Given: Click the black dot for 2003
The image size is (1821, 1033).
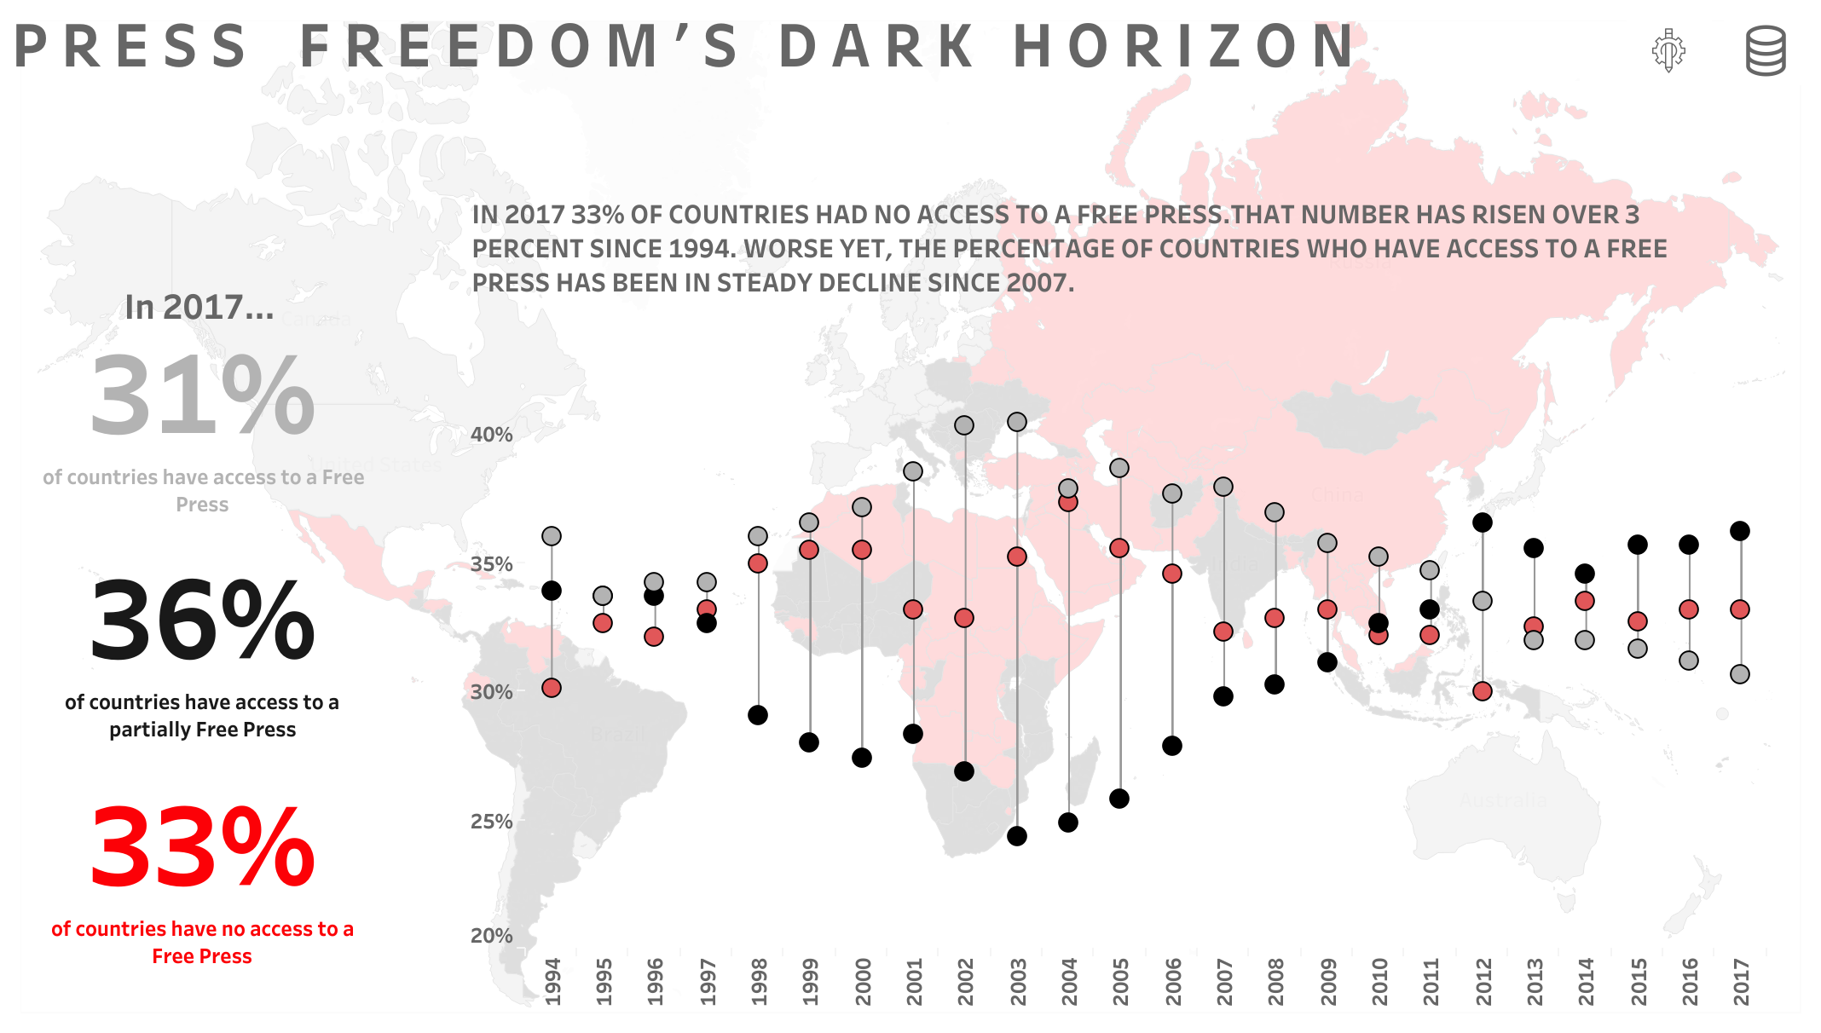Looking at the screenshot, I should [1016, 836].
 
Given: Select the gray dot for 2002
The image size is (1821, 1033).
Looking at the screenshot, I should [964, 425].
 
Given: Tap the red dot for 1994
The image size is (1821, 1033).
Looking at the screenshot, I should [552, 688].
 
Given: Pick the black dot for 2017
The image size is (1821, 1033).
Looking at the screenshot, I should [1740, 531].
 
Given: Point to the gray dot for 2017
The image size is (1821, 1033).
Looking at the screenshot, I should [1740, 674].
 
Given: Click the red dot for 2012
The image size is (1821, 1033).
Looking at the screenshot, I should [1483, 691].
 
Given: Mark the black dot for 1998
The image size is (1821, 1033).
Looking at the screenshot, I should [758, 715].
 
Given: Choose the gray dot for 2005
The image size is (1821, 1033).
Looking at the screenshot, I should [1119, 468].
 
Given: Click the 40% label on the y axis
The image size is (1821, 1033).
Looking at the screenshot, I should [492, 435].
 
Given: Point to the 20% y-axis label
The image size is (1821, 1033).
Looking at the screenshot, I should [492, 936].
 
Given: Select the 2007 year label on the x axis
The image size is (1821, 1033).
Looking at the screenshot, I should [1224, 982].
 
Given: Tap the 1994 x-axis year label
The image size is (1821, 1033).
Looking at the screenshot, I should [552, 982].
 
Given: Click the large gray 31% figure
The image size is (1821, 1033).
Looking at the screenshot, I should [202, 396].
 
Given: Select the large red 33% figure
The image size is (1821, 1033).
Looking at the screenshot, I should [202, 849].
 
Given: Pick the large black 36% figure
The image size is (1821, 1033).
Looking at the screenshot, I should [202, 621].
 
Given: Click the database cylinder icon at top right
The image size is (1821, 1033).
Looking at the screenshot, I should [1766, 51].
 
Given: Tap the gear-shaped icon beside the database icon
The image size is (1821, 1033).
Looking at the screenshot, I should [1668, 50].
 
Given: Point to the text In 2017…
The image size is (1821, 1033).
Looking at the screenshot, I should [199, 308].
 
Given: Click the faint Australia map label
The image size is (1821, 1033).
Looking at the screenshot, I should [1503, 801].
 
